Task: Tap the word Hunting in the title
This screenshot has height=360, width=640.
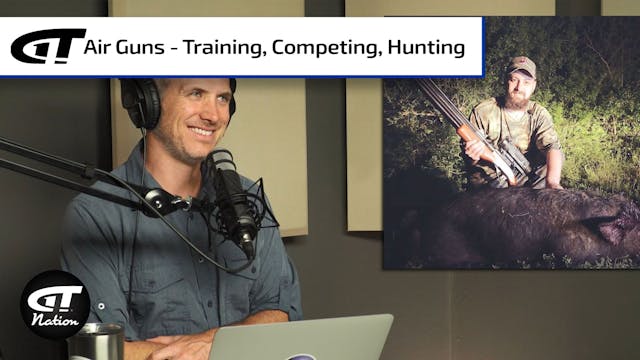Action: [430, 46]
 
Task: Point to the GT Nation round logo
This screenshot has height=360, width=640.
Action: [55, 302]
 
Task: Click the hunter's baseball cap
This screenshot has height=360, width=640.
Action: [520, 67]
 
